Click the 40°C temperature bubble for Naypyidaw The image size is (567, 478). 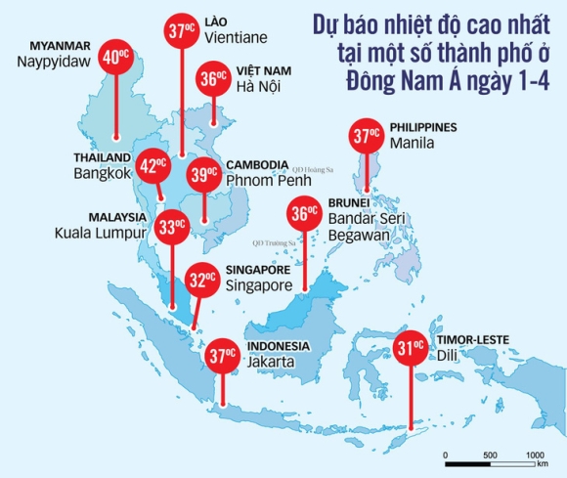(x=116, y=57)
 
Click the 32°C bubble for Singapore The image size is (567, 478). (x=203, y=282)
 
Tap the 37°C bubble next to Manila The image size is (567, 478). (x=368, y=138)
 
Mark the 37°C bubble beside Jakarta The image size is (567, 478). (x=224, y=355)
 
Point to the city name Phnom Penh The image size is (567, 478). (x=264, y=180)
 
